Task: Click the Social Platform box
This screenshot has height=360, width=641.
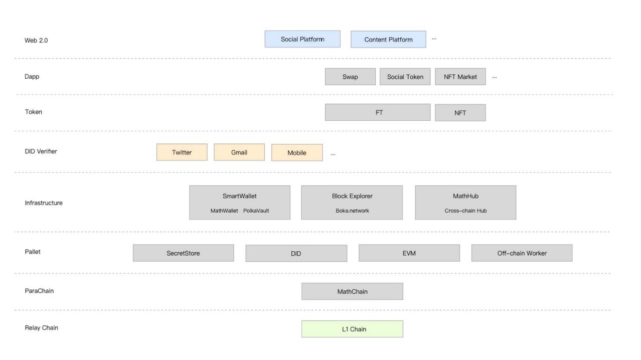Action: point(302,39)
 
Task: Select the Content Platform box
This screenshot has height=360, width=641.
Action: point(388,39)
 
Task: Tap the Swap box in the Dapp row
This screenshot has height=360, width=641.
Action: point(350,77)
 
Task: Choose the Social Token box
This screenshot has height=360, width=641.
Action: point(405,77)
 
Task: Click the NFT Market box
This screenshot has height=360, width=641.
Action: point(460,77)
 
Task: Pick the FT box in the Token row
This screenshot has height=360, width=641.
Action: point(378,112)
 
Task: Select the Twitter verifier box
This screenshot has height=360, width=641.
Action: point(182,152)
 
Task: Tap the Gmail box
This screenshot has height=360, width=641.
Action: point(239,152)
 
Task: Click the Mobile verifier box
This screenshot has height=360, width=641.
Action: point(297,152)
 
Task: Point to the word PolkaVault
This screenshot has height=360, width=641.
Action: point(256,211)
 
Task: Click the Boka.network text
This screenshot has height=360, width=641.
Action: point(352,211)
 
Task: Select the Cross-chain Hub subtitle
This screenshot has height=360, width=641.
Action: point(465,211)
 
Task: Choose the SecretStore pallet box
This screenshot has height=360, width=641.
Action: point(184,253)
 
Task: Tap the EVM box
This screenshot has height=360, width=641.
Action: point(409,253)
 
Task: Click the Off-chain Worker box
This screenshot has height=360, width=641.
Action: point(522,253)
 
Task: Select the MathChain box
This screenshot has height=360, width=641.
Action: point(352,291)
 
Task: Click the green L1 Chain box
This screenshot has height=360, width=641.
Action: point(352,329)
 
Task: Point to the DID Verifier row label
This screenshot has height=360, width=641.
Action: point(41,151)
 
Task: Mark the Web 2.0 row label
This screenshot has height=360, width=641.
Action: point(36,40)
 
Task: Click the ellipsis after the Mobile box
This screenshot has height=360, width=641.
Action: point(333,154)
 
